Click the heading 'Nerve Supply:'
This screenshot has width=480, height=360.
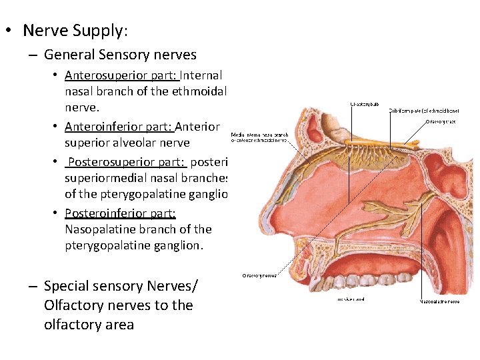75,31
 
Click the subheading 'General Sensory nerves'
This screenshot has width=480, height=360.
120,55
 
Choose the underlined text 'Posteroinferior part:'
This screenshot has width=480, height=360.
120,213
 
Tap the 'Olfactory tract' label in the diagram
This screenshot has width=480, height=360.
442,122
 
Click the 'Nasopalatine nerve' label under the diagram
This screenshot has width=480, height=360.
439,301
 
